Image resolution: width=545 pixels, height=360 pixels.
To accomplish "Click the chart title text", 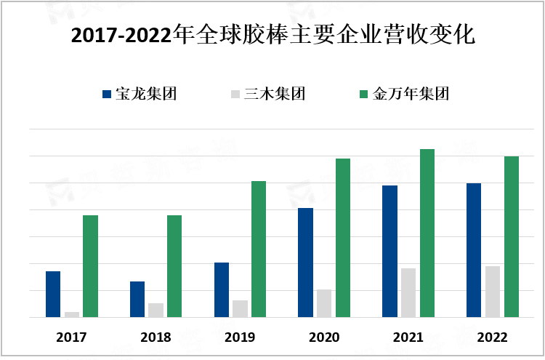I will [x=272, y=35].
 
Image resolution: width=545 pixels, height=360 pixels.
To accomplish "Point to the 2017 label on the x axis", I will [x=71, y=337].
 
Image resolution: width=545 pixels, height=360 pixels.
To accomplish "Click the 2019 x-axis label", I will [x=240, y=337].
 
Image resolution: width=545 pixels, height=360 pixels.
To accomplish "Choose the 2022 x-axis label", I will [x=492, y=337].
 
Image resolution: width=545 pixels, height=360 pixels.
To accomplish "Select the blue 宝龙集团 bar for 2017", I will [x=53, y=294].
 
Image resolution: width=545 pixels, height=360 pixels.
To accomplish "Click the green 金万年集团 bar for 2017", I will [x=90, y=266].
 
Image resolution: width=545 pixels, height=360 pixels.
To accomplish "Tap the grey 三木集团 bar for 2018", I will [x=156, y=310].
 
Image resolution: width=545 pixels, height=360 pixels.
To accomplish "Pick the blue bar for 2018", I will [x=137, y=299].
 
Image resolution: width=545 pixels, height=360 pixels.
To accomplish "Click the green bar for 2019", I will [x=259, y=249].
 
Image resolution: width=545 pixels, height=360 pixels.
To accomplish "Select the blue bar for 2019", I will [x=222, y=289].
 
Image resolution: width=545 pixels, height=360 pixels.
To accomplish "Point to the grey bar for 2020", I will [x=324, y=303].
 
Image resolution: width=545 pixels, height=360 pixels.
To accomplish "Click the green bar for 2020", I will [x=343, y=238].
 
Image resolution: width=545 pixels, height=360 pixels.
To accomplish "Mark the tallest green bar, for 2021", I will [x=427, y=233].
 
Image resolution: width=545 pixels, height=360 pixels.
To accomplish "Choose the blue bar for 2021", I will [x=390, y=251].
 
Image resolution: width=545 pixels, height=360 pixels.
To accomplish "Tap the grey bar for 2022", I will [x=493, y=292].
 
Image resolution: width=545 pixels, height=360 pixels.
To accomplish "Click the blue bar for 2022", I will [x=474, y=250].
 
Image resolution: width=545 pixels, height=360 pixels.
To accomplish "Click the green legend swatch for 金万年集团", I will [x=365, y=94].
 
